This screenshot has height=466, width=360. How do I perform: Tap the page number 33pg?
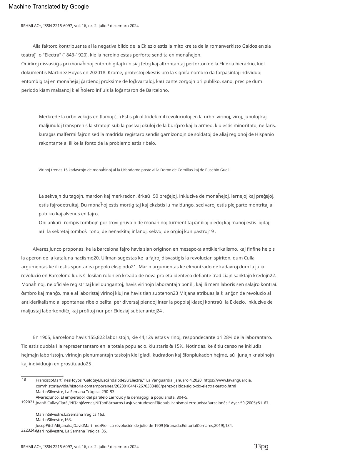click(x=261, y=446)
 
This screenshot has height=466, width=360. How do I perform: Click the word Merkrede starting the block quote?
click(x=49, y=117)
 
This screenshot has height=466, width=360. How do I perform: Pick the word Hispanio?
click(x=264, y=134)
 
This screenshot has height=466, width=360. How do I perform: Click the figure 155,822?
click(x=96, y=337)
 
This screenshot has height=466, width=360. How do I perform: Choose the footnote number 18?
click(x=24, y=380)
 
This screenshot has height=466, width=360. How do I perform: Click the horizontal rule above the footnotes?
click(x=42, y=376)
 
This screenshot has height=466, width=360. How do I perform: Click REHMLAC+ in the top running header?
click(x=31, y=26)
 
